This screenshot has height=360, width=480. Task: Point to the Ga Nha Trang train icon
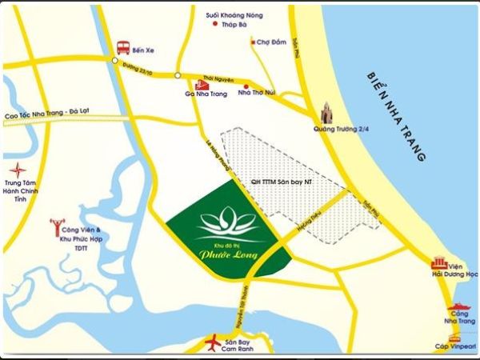[x=200, y=84]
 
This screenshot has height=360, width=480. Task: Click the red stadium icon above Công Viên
[x=57, y=225]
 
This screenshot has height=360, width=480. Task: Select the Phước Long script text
[x=223, y=255]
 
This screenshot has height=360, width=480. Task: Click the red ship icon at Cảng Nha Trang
[x=458, y=306]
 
